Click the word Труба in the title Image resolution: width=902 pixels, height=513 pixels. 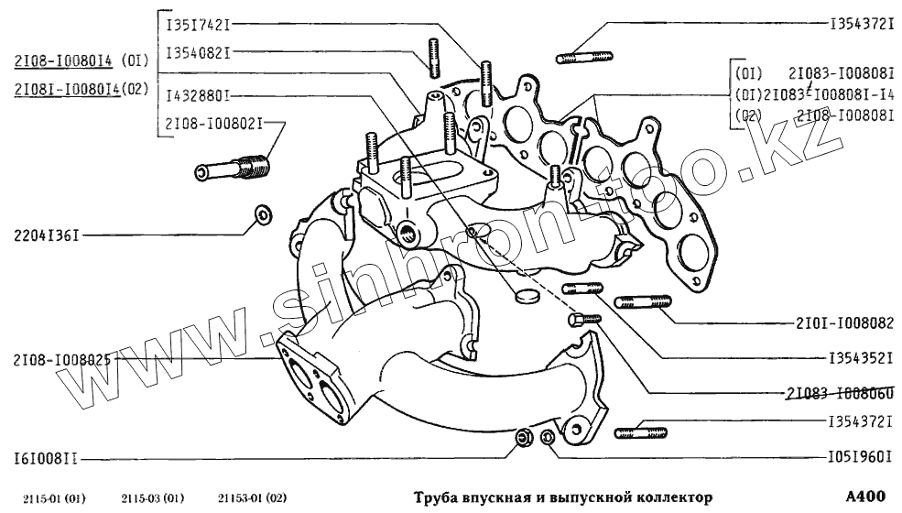click(x=433, y=497)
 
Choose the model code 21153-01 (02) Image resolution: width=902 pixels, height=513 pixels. click(x=247, y=498)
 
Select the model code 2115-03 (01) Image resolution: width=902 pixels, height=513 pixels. click(x=153, y=498)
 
